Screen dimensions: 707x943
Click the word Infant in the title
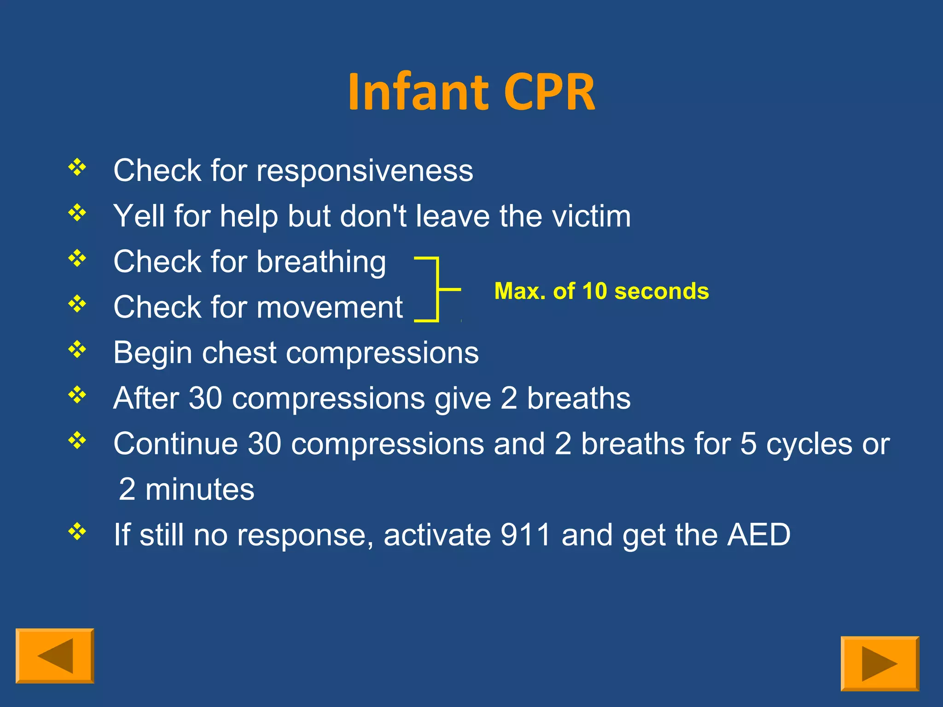[x=417, y=92]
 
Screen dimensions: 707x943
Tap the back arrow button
[x=55, y=655]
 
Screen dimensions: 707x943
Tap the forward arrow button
[x=879, y=663]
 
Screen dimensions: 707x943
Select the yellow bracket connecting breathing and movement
[x=437, y=290]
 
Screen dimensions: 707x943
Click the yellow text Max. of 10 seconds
[x=601, y=291]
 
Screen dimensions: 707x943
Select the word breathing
[x=321, y=262]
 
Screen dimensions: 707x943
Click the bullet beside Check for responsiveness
[x=77, y=167]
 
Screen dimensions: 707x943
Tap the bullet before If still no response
[x=77, y=532]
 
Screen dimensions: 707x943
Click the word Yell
[x=139, y=216]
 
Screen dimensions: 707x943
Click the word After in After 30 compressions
[x=146, y=398]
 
